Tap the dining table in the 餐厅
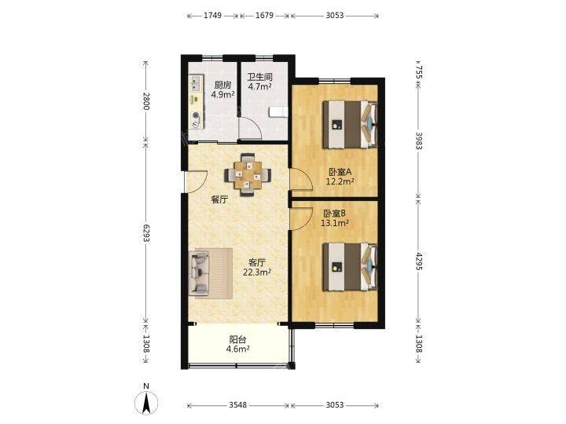pyautogui.click(x=248, y=175)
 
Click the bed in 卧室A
pyautogui.click(x=350, y=125)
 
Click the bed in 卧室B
pyautogui.click(x=350, y=266)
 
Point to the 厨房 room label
pyautogui.click(x=222, y=85)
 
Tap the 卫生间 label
pyautogui.click(x=259, y=77)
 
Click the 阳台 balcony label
pyautogui.click(x=238, y=340)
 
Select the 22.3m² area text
pyautogui.click(x=257, y=272)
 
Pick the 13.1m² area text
pyautogui.click(x=335, y=223)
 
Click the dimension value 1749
pyautogui.click(x=212, y=16)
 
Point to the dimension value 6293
pyautogui.click(x=146, y=233)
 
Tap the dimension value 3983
pyautogui.click(x=419, y=141)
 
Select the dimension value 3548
pyautogui.click(x=238, y=405)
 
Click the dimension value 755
pyautogui.click(x=419, y=72)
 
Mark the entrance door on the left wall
pyautogui.click(x=195, y=181)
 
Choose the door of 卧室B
pyautogui.click(x=301, y=219)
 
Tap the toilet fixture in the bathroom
pyautogui.click(x=278, y=111)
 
